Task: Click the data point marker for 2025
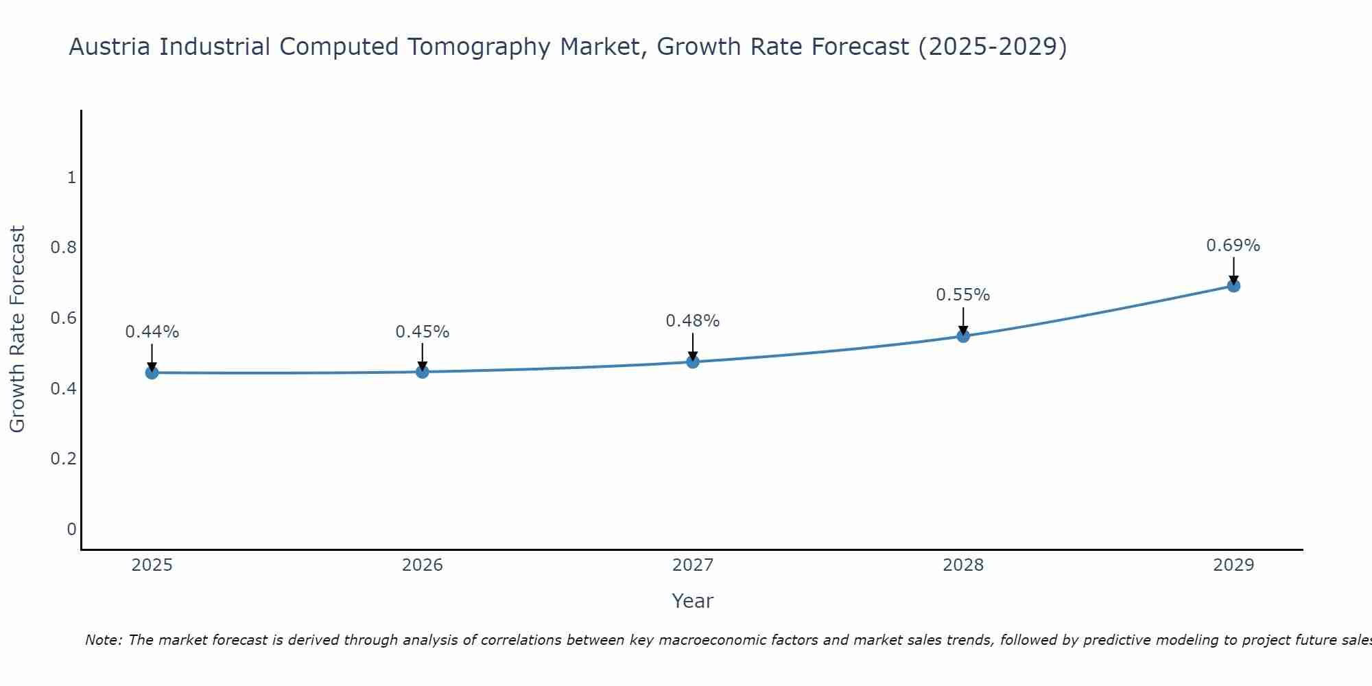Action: point(152,372)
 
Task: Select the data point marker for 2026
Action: point(422,372)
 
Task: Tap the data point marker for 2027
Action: point(693,362)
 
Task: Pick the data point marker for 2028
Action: point(963,335)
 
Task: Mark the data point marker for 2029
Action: point(1233,285)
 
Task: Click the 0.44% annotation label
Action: point(152,332)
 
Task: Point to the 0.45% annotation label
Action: point(422,332)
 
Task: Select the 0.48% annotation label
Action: point(693,321)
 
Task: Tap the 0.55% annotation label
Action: point(963,295)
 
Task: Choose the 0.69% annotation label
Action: point(1233,246)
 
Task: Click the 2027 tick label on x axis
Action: point(693,565)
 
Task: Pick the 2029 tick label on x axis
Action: point(1233,565)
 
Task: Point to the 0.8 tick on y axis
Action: point(63,248)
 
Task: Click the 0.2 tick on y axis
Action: point(63,458)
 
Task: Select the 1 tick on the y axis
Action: point(71,178)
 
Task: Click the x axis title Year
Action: point(693,601)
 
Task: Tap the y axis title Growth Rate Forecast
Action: point(17,329)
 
